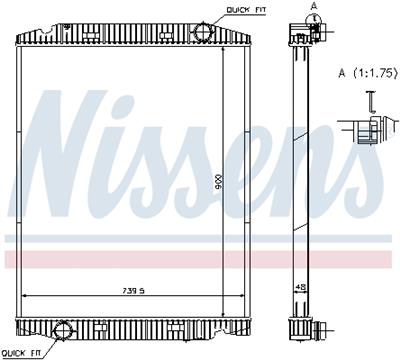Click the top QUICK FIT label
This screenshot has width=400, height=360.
click(245, 9)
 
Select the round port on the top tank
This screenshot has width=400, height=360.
click(205, 32)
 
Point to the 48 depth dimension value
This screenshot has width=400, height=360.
click(299, 287)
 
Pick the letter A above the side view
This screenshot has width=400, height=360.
click(313, 6)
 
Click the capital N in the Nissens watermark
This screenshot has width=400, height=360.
click(75, 150)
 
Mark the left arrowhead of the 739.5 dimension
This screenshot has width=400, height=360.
click(25, 295)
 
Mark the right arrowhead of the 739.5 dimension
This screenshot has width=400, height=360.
click(245, 295)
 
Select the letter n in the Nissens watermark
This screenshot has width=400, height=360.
click(320, 165)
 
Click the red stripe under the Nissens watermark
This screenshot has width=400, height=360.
click(200, 258)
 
